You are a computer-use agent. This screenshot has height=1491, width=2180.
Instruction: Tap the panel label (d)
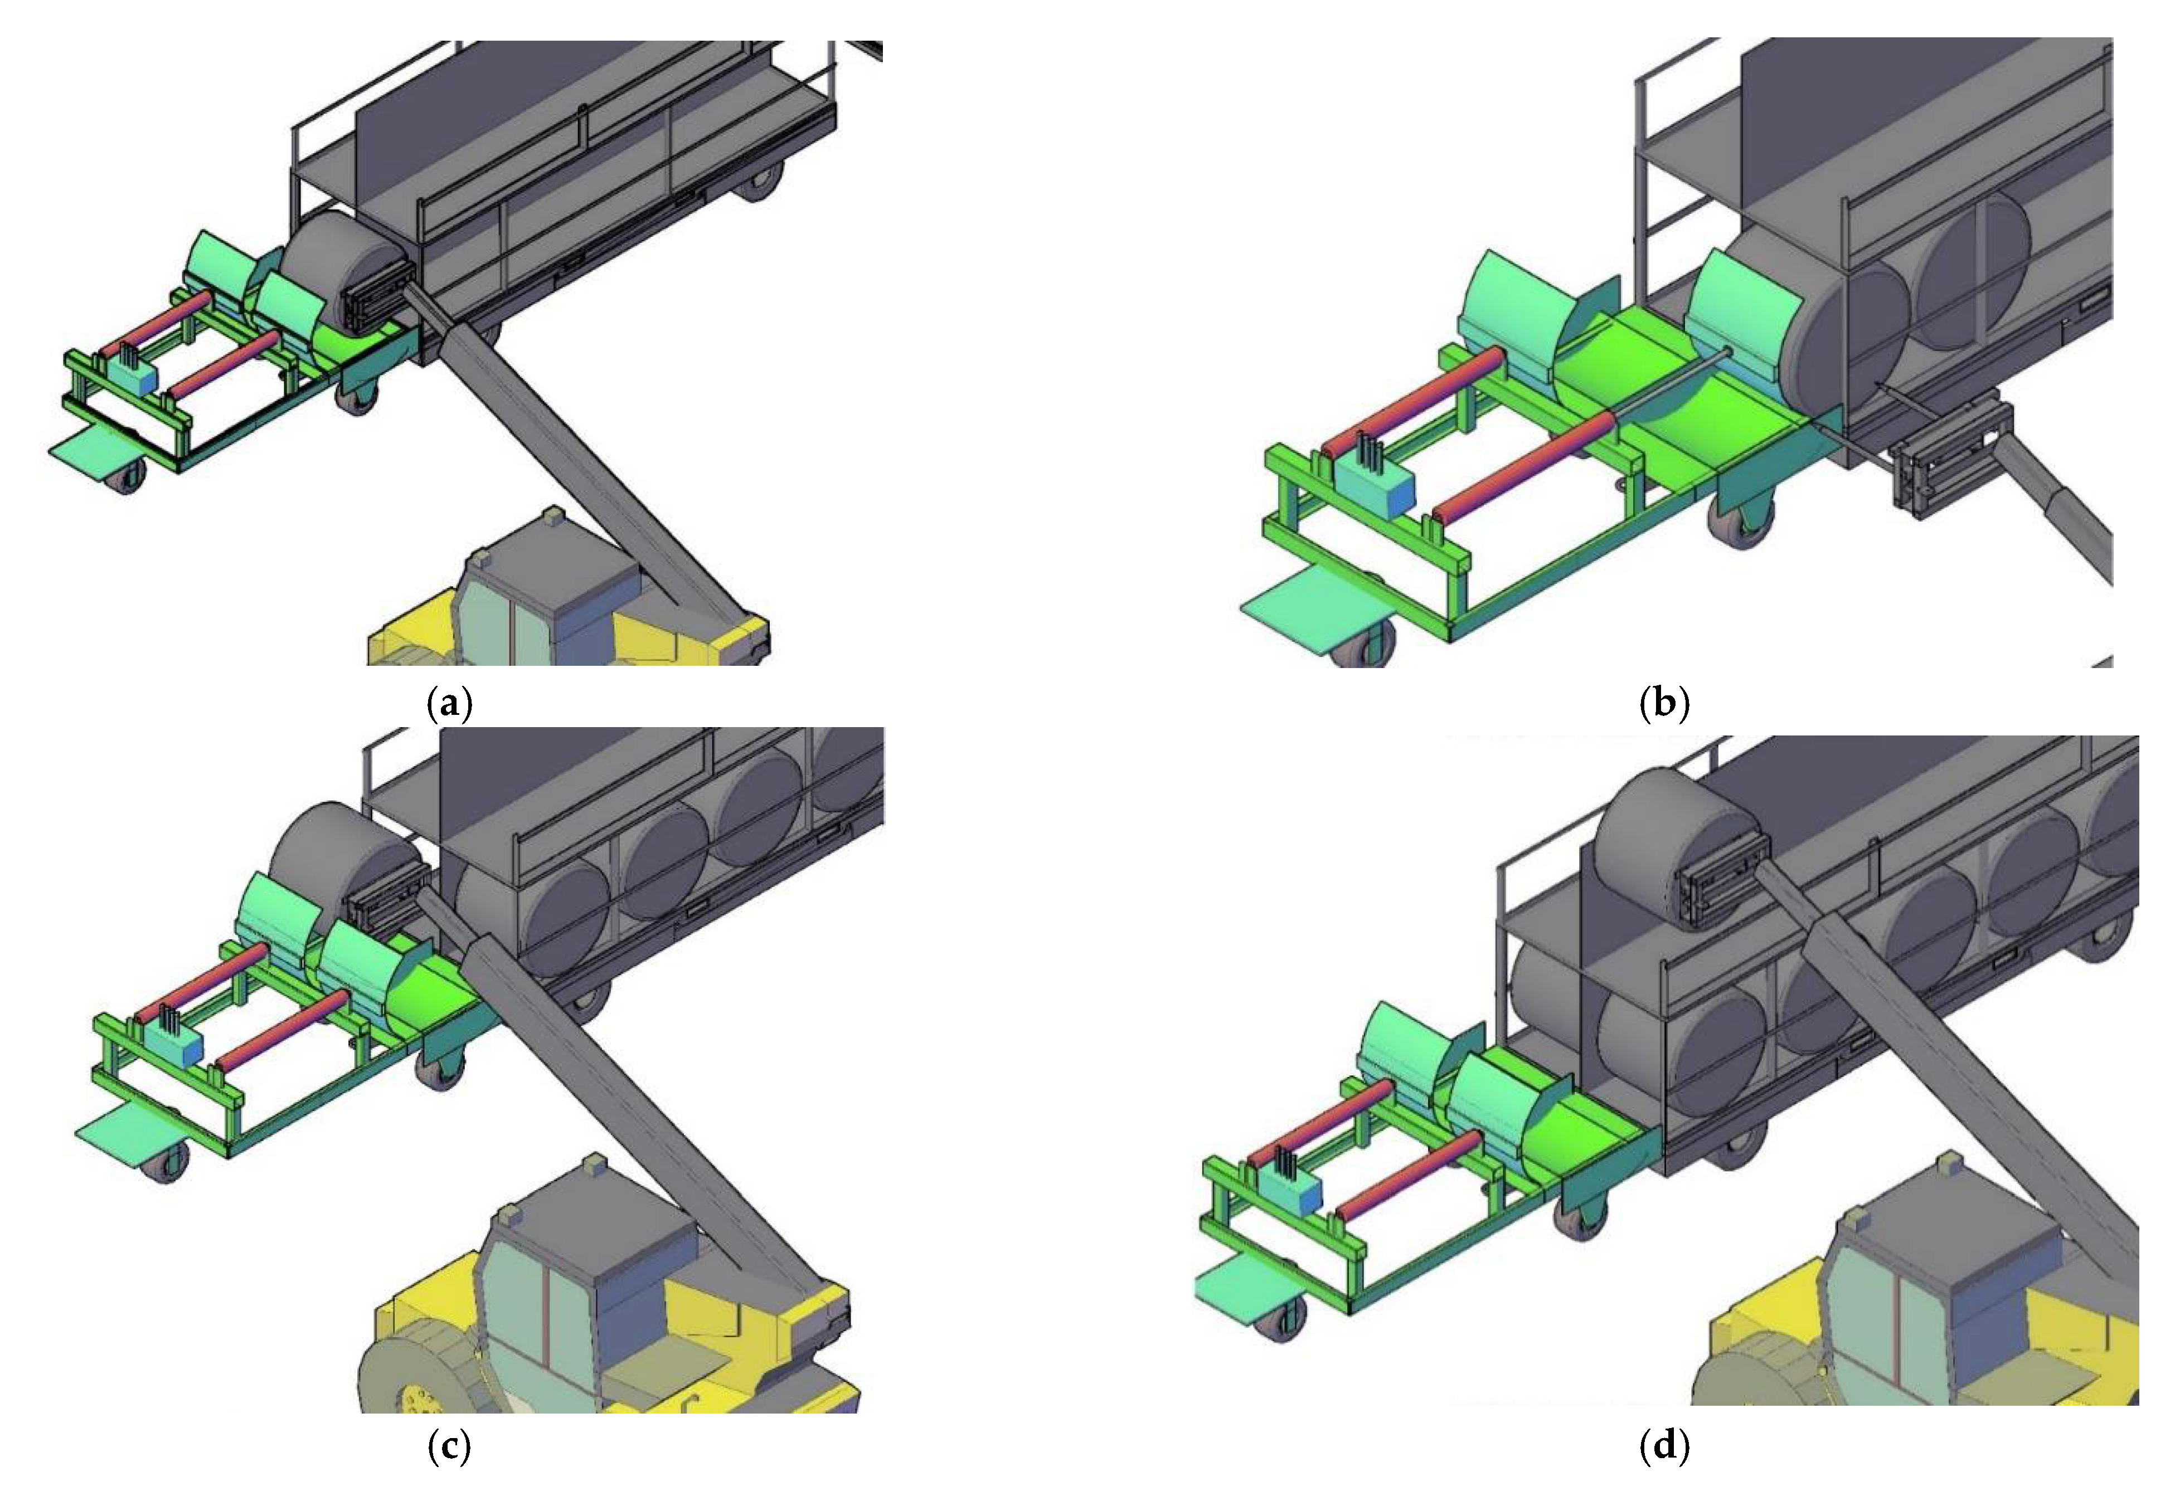(1664, 1447)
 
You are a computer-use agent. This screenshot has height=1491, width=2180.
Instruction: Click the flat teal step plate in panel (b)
(1313, 610)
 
